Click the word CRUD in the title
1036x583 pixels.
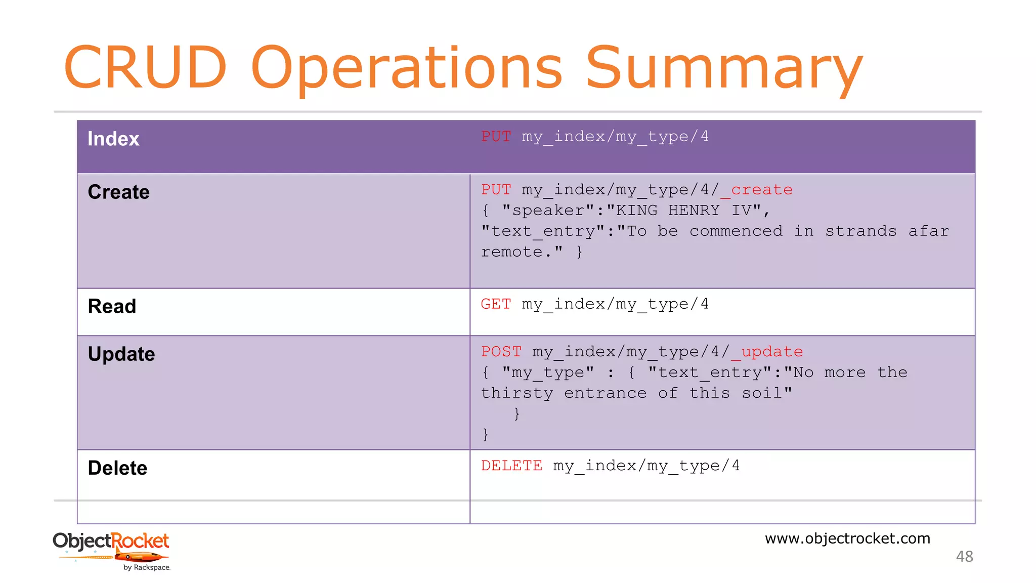click(x=145, y=67)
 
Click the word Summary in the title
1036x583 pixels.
click(x=723, y=68)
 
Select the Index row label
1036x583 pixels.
click(x=113, y=139)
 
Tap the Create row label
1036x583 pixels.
click(x=119, y=192)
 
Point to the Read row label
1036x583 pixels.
click(x=112, y=306)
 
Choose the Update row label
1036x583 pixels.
click(x=121, y=354)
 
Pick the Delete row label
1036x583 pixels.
click(x=117, y=468)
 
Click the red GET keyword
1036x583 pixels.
click(x=496, y=304)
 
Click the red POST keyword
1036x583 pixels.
click(x=501, y=352)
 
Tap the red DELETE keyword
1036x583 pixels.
click(x=511, y=466)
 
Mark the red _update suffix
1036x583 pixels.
click(x=767, y=352)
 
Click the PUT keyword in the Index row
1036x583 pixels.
click(x=496, y=137)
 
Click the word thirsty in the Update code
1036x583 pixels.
click(x=516, y=393)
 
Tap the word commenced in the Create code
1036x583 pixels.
click(x=736, y=231)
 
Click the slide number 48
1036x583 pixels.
click(x=964, y=557)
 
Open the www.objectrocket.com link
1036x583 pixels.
click(x=847, y=538)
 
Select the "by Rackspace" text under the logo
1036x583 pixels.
click(x=147, y=568)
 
